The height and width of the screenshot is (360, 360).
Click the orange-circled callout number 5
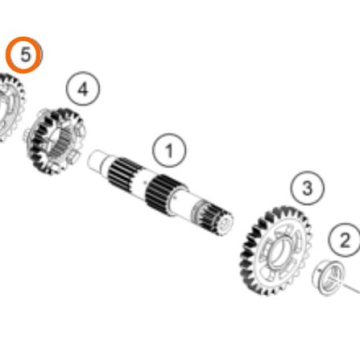[x=25, y=55]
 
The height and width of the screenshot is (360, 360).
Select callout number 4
[x=83, y=90]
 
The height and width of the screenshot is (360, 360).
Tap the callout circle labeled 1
[x=170, y=151]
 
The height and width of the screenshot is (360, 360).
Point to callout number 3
[x=307, y=189]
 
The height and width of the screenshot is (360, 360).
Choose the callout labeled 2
[x=345, y=240]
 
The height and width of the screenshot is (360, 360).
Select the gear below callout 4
[x=57, y=141]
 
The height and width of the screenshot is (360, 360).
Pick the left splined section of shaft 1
[x=125, y=173]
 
